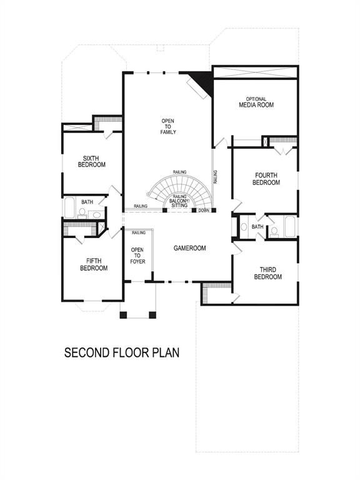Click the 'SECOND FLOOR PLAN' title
click(122, 352)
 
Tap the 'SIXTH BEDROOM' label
click(91, 161)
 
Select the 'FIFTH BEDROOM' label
click(94, 264)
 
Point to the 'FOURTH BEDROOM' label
click(266, 179)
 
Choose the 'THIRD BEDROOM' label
click(268, 273)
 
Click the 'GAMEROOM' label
click(189, 248)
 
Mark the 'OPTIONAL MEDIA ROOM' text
click(256, 102)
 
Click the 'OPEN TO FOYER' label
click(137, 256)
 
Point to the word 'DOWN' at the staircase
click(204, 211)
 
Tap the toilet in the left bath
click(82, 213)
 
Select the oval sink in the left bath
click(96, 215)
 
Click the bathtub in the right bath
click(291, 226)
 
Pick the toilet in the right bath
click(274, 232)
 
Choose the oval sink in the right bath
click(244, 227)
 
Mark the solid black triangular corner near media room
click(204, 80)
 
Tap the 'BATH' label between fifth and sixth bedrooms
click(87, 202)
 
